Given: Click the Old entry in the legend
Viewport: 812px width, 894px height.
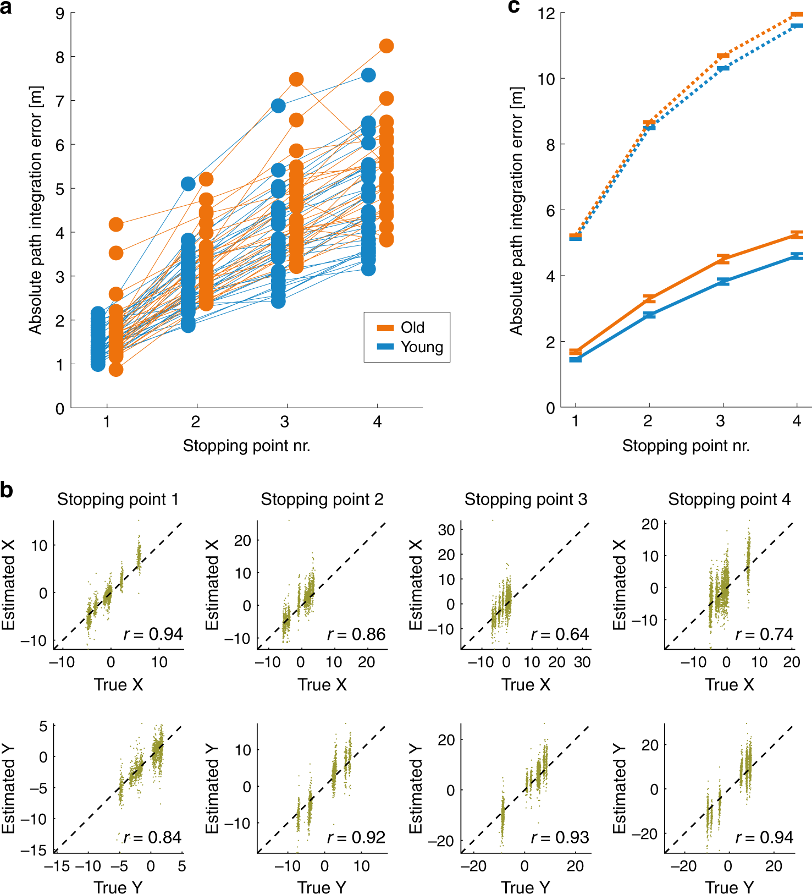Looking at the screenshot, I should (412, 327).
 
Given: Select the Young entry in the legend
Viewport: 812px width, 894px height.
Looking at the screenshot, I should (421, 347).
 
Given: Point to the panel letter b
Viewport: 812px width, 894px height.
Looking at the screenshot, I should (7, 489).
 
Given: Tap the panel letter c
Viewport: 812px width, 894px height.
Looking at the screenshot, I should (513, 7).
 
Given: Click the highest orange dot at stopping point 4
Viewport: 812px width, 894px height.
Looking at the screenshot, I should (386, 46).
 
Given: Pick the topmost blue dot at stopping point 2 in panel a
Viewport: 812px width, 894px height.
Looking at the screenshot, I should (188, 184).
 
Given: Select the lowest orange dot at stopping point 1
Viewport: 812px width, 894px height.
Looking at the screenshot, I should (116, 369).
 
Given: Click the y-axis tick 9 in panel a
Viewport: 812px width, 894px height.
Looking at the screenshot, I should (60, 13).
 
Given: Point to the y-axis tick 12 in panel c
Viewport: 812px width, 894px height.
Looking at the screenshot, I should (546, 13).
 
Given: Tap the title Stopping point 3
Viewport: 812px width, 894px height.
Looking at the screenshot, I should (526, 500).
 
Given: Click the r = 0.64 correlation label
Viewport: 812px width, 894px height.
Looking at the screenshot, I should (560, 634).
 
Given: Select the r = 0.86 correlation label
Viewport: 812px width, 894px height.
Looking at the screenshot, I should (356, 634).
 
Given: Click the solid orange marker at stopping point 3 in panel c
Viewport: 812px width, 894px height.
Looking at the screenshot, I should (723, 259).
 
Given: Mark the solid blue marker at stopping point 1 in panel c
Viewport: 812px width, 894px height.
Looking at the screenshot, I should (576, 359).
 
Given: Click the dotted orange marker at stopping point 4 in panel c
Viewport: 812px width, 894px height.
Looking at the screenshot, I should (797, 15).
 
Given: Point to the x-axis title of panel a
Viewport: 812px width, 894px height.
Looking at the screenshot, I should (246, 446).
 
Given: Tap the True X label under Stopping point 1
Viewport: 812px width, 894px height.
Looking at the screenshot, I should (118, 684).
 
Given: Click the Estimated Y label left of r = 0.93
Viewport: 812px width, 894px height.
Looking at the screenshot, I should (416, 788).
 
